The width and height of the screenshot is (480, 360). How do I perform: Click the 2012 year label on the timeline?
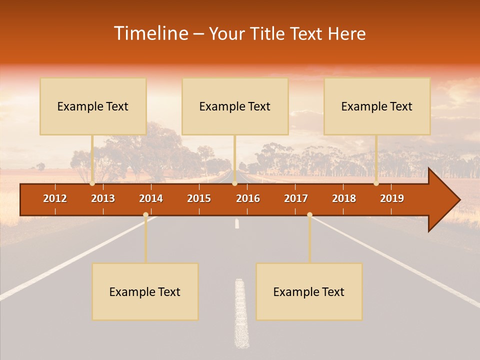(55, 198)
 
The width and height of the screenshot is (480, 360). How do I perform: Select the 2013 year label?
(103, 198)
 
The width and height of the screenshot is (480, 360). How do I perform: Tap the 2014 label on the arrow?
(151, 198)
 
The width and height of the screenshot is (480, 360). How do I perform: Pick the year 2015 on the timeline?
(199, 198)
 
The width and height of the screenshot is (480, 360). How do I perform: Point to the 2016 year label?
(248, 198)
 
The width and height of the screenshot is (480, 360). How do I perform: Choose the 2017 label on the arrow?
(296, 198)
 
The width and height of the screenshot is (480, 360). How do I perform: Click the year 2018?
(344, 198)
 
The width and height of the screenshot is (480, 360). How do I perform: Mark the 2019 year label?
(392, 198)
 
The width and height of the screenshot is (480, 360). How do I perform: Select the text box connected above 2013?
(93, 106)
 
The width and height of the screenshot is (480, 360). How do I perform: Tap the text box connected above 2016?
(235, 106)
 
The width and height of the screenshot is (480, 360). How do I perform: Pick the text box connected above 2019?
(377, 106)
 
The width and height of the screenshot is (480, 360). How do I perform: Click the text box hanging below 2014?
(145, 291)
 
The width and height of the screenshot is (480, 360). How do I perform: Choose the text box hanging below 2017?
(309, 291)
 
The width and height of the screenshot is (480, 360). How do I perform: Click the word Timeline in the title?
(150, 33)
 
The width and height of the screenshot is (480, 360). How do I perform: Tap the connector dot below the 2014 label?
(145, 215)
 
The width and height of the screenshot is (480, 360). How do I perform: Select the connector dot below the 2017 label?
(309, 215)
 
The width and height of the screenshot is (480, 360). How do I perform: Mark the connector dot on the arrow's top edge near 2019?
(376, 183)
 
